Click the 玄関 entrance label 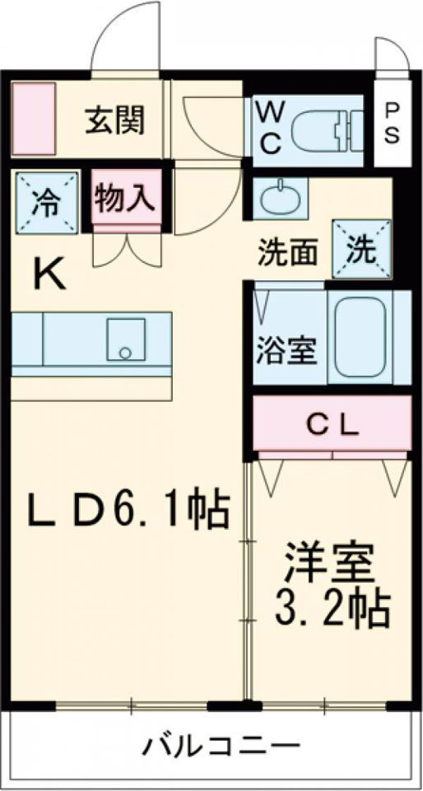pyautogui.click(x=115, y=119)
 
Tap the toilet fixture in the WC pyautogui.click(x=327, y=131)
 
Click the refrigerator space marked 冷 pyautogui.click(x=48, y=203)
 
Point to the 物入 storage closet pyautogui.click(x=127, y=197)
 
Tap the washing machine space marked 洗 pyautogui.click(x=362, y=249)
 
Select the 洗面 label pyautogui.click(x=287, y=253)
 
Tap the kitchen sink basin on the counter pyautogui.click(x=126, y=339)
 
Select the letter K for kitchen pyautogui.click(x=49, y=274)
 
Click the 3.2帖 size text pyautogui.click(x=332, y=608)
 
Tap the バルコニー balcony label pyautogui.click(x=222, y=745)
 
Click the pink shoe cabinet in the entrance pyautogui.click(x=33, y=119)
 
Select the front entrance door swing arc pyautogui.click(x=124, y=31)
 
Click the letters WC pyautogui.click(x=269, y=127)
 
